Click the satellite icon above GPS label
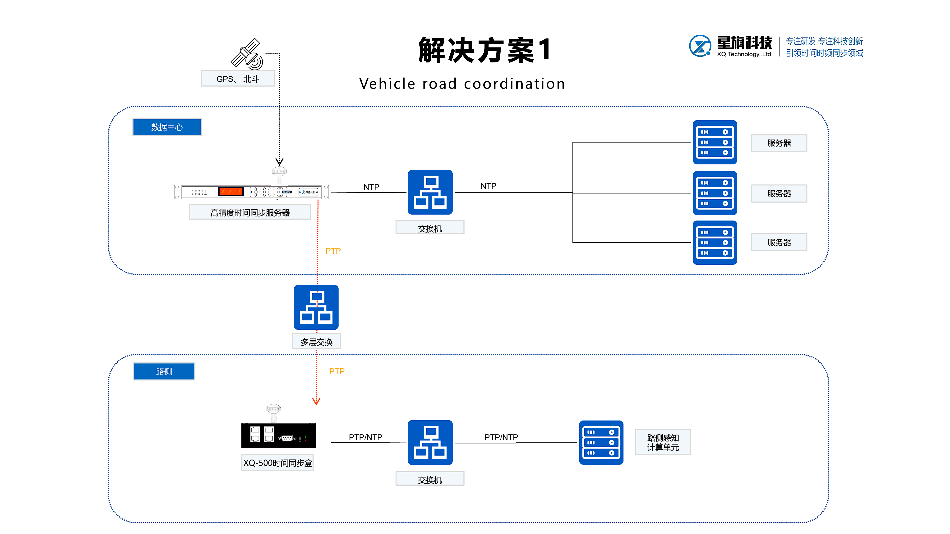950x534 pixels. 247,55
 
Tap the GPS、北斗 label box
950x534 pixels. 238,79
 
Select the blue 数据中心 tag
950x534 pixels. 167,127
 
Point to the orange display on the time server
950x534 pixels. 231,191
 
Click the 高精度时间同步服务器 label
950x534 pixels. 250,213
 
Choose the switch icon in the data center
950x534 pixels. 430,192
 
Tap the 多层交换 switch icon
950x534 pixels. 316,307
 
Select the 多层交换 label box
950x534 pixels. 316,342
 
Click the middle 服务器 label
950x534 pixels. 779,193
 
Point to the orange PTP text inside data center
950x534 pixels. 333,251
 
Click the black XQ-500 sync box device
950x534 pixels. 278,436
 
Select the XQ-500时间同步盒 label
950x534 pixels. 277,463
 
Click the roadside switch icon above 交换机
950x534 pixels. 430,442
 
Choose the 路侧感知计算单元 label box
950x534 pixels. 663,442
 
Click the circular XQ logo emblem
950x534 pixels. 700,46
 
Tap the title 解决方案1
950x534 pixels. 484,50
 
